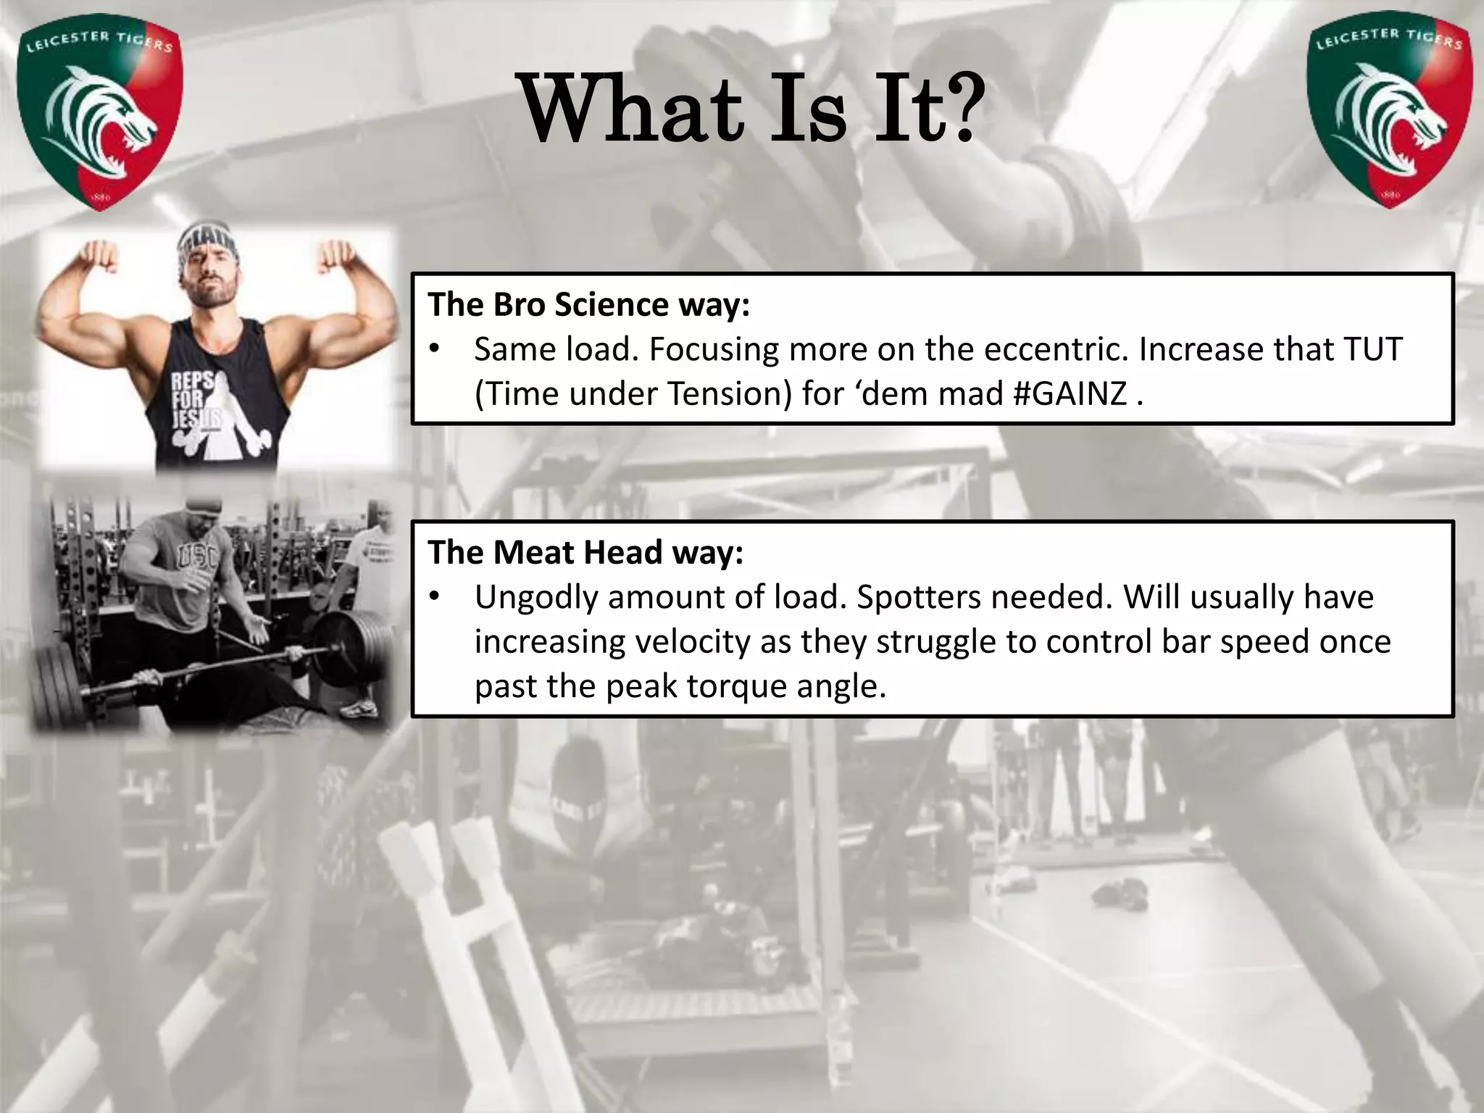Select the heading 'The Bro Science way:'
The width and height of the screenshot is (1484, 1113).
click(x=588, y=305)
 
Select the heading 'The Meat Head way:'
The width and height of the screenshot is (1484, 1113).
click(x=585, y=553)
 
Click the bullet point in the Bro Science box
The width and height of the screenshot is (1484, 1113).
click(x=434, y=350)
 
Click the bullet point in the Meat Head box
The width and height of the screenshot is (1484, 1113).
click(x=434, y=598)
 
